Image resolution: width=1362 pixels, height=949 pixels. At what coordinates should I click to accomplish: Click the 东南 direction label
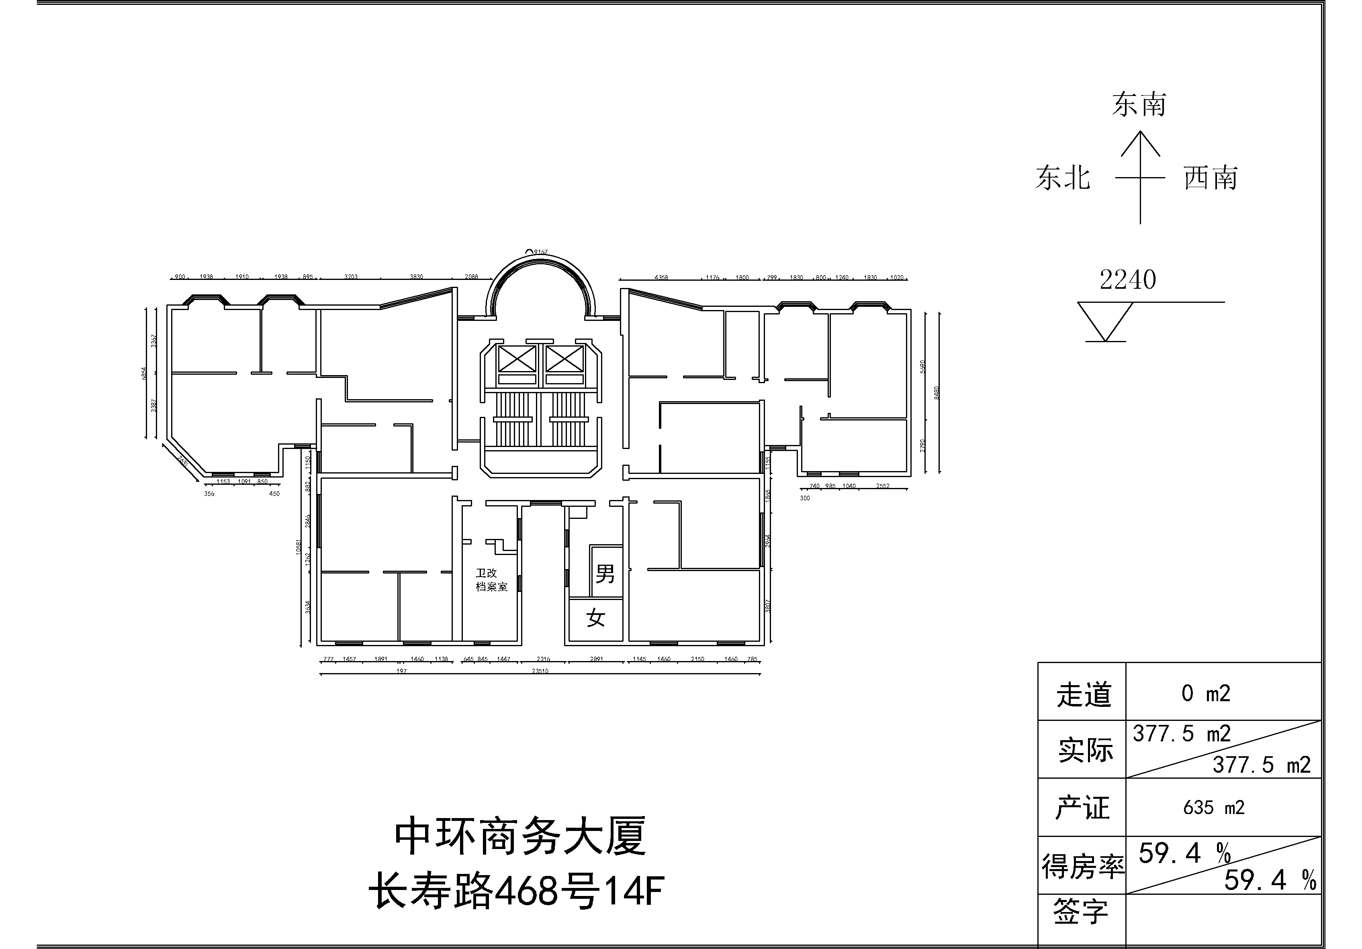tap(1139, 105)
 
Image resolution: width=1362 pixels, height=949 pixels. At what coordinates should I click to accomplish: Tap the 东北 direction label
tap(1063, 178)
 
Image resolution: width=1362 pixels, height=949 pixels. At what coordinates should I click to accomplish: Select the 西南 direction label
tap(1211, 178)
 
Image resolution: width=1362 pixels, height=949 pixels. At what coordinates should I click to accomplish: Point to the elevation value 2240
tap(1128, 280)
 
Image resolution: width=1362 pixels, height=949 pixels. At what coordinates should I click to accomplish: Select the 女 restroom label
tap(595, 618)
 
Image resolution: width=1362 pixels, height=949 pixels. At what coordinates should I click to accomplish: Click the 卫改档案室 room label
tap(491, 580)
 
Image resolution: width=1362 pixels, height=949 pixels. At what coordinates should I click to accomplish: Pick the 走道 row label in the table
tap(1083, 694)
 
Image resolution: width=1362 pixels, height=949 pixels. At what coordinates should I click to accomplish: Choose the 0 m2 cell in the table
tap(1206, 693)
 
